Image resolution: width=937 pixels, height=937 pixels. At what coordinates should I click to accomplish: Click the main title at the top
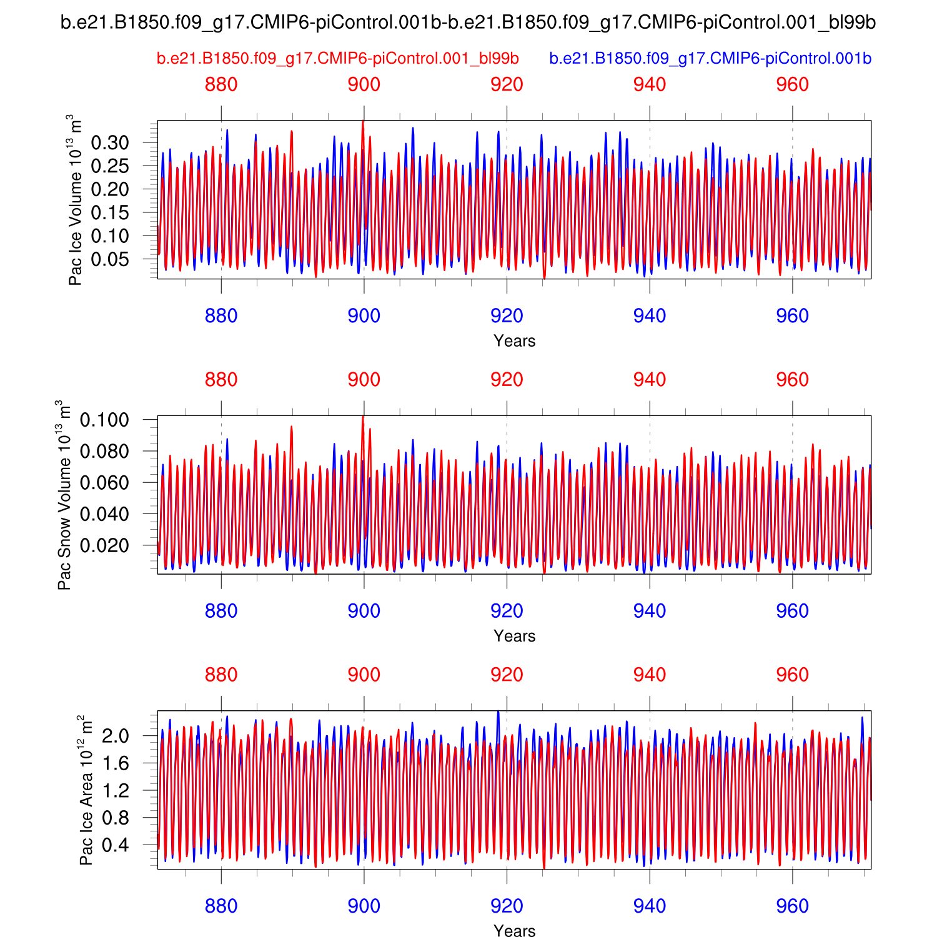click(x=468, y=22)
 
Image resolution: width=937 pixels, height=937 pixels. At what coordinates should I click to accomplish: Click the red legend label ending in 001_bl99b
click(x=337, y=59)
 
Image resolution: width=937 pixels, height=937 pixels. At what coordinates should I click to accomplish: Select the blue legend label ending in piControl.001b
click(x=710, y=59)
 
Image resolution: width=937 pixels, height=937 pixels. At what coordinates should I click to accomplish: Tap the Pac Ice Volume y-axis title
click(x=76, y=200)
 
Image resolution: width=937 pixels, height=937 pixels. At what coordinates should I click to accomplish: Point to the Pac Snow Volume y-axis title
click(x=64, y=495)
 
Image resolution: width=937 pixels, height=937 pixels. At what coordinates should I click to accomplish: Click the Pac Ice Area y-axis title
click(x=86, y=790)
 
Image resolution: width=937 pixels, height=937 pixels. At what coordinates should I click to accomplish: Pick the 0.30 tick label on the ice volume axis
click(x=110, y=143)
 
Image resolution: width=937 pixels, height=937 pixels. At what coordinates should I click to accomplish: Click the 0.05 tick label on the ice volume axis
click(x=110, y=259)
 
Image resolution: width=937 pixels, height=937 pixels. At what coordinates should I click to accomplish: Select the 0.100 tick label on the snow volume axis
click(x=104, y=420)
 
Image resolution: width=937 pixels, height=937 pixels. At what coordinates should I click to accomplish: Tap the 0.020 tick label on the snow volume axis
click(x=104, y=545)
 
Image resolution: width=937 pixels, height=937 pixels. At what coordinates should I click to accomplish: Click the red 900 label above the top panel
click(x=364, y=84)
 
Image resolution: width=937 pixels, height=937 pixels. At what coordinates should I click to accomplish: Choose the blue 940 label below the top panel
click(x=650, y=316)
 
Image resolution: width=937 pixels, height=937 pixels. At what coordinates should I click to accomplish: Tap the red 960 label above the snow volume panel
click(x=792, y=380)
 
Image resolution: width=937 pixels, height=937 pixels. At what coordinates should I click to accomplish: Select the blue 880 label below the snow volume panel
click(x=221, y=611)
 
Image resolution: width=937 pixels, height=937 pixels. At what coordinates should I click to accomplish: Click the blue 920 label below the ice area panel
click(x=507, y=906)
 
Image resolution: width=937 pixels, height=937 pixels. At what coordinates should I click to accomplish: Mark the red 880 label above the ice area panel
click(x=221, y=675)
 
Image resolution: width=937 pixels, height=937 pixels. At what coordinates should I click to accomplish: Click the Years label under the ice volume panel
click(x=514, y=341)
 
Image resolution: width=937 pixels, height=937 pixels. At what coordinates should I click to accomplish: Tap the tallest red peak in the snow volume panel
click(x=363, y=417)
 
